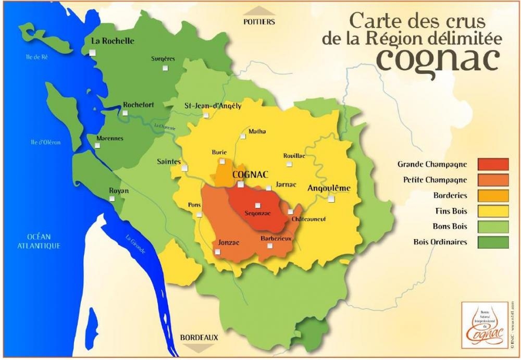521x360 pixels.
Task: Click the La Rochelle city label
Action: (113, 41)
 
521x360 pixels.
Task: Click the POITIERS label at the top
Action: (259, 22)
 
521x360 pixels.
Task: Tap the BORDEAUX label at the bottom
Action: (199, 338)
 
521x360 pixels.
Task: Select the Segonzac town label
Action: (257, 213)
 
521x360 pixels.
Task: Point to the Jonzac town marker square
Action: (217, 252)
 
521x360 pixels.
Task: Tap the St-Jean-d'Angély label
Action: (213, 106)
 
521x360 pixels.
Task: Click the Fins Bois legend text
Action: (451, 211)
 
